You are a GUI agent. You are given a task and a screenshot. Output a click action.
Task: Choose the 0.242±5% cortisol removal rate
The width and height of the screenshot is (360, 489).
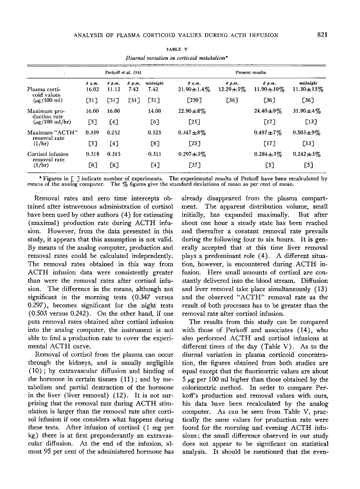(x=309, y=154)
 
